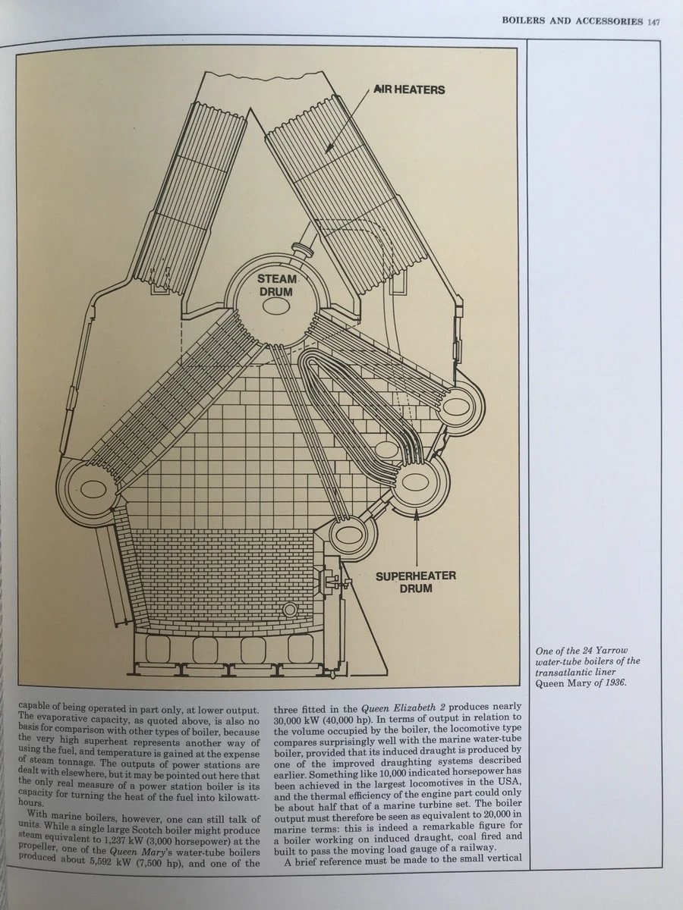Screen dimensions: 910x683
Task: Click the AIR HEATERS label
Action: coord(408,89)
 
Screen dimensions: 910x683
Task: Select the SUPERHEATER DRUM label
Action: coord(417,582)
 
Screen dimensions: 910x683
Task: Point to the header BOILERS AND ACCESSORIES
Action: coord(573,20)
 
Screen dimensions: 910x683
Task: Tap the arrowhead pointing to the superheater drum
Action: coord(417,516)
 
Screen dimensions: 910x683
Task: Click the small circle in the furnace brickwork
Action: coord(288,610)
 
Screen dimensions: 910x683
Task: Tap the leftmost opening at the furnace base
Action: coord(160,651)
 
